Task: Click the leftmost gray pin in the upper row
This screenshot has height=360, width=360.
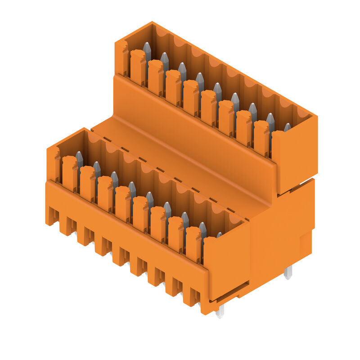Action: (x=147, y=50)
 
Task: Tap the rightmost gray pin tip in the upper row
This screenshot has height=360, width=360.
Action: (x=287, y=127)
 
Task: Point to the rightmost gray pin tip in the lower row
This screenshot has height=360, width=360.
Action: (x=219, y=234)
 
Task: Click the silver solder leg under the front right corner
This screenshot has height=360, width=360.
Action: (x=220, y=311)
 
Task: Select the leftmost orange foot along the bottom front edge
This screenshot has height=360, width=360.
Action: (x=52, y=216)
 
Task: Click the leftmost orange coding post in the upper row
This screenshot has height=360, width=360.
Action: (x=138, y=67)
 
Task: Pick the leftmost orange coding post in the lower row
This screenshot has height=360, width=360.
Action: (x=69, y=174)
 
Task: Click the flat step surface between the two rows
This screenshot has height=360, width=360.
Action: (x=180, y=153)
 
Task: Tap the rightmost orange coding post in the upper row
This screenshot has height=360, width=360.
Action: (x=261, y=137)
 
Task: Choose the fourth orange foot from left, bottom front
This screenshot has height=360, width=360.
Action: (x=104, y=245)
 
